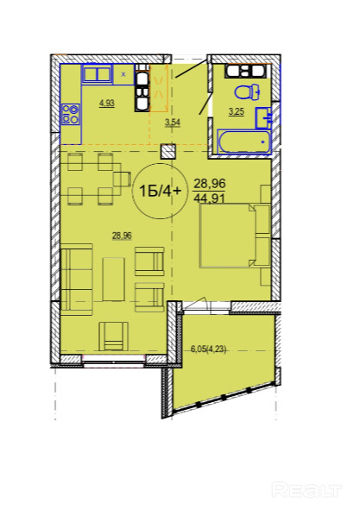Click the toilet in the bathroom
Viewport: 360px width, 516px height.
(247, 91)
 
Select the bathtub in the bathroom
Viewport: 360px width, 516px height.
(244, 142)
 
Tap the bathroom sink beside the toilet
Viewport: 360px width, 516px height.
(263, 117)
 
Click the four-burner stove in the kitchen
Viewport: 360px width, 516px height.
(71, 114)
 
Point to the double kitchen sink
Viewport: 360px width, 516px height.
(96, 73)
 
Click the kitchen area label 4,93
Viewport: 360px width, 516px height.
(107, 104)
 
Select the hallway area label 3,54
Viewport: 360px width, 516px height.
(173, 123)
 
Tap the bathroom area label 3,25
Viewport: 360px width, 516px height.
(237, 112)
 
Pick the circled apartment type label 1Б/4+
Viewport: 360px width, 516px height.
(160, 191)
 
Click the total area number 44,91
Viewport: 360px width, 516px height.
(210, 198)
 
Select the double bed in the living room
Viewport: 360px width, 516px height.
(235, 236)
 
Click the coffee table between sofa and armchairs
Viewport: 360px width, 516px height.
(114, 280)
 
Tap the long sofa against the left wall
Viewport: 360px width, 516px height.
(77, 280)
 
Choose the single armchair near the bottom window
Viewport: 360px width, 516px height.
(114, 336)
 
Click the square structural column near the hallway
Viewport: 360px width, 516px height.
(168, 152)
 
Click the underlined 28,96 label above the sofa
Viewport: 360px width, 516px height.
(123, 236)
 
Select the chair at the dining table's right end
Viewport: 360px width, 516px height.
(121, 179)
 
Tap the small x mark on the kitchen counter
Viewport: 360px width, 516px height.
(123, 74)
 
